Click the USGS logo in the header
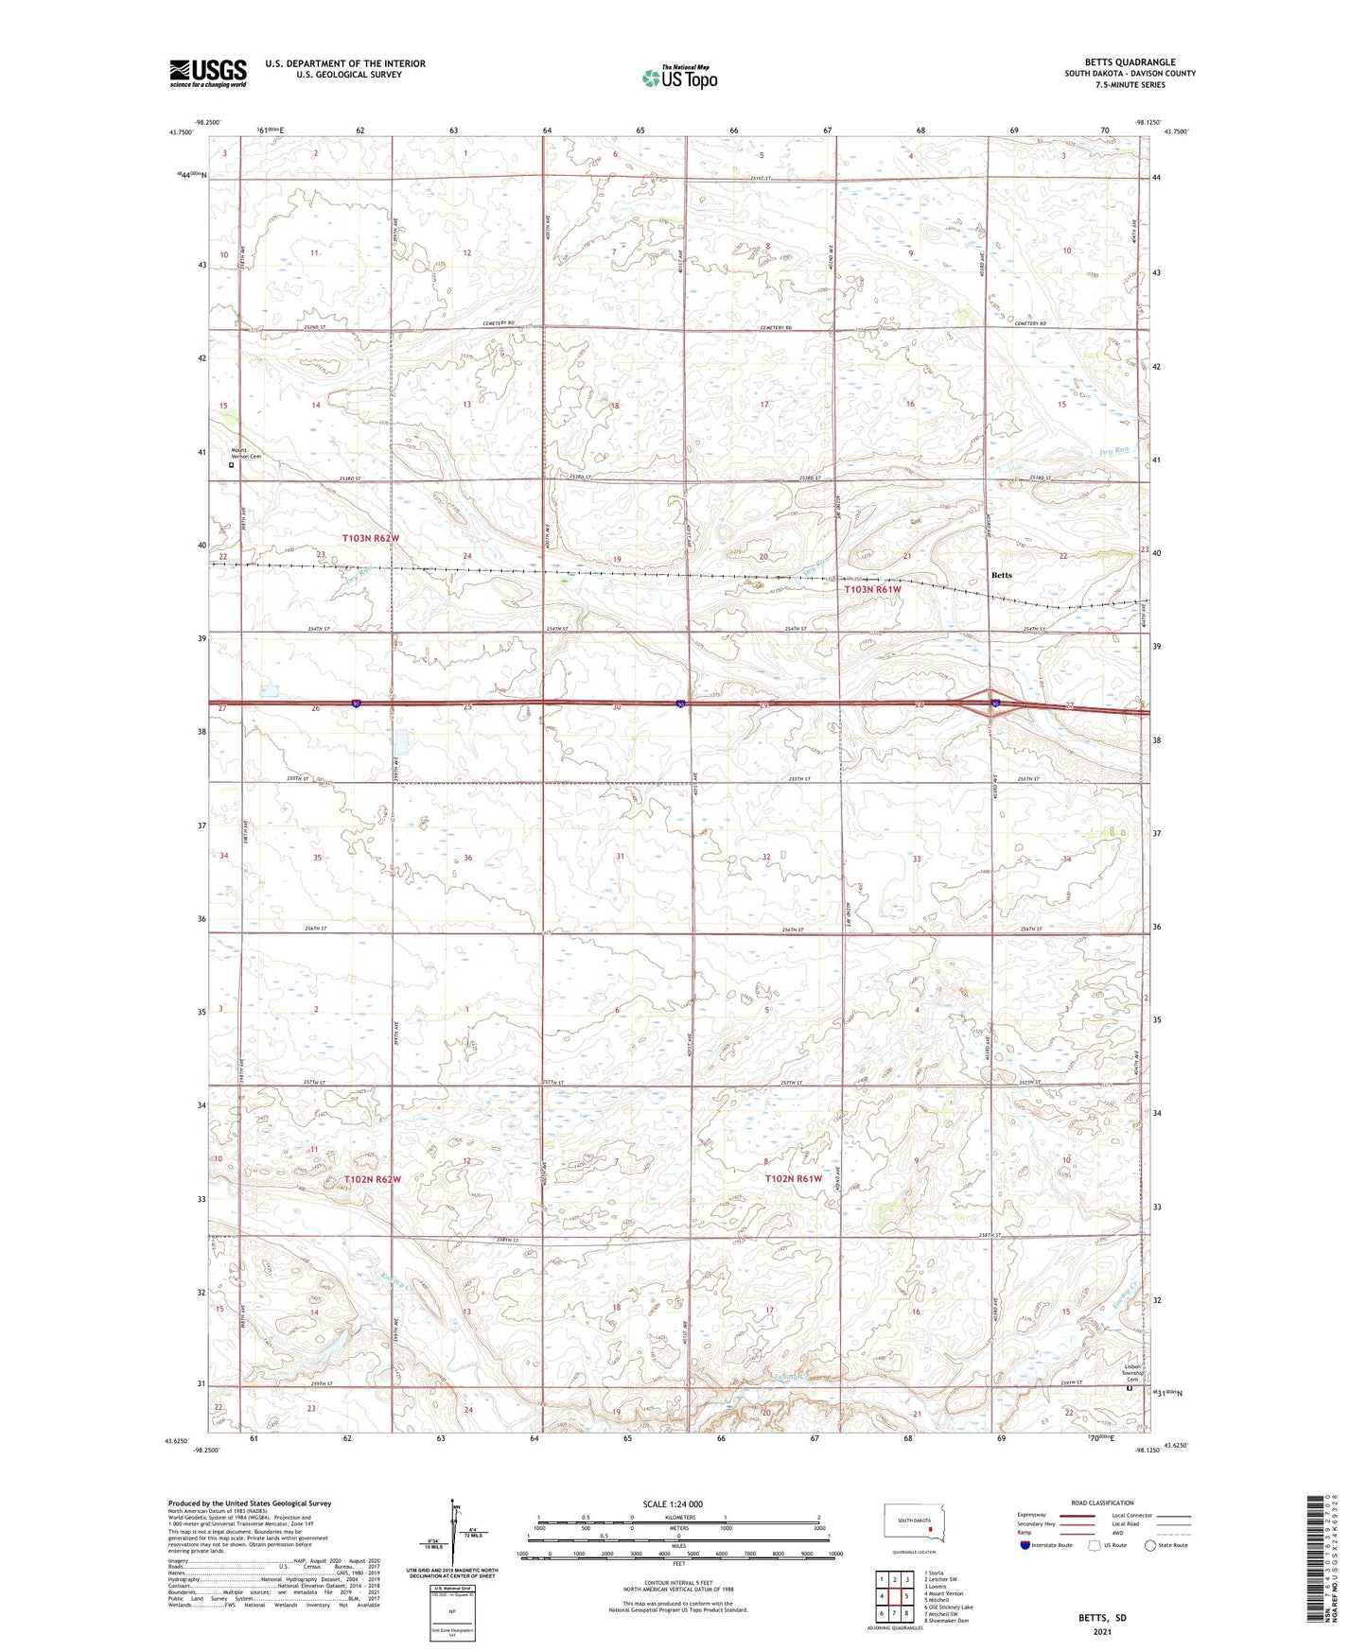click(x=208, y=73)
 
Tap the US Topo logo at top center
click(x=679, y=77)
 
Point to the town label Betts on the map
click(x=1001, y=575)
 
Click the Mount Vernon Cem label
click(x=245, y=454)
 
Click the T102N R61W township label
click(x=793, y=1178)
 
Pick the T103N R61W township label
click(x=872, y=589)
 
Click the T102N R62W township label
click(x=371, y=1179)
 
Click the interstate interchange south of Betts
click(x=990, y=704)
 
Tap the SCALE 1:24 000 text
click(x=673, y=1503)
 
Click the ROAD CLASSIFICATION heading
click(x=1102, y=1503)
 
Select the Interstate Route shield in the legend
click(x=1026, y=1545)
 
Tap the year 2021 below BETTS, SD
click(x=1102, y=1632)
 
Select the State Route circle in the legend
click(x=1150, y=1545)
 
